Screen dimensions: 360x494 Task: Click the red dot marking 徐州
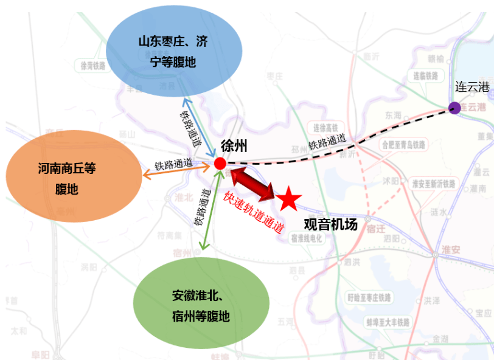pos(220,163)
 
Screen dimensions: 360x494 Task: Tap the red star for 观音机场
pos(289,198)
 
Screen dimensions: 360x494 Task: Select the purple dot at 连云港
pos(454,108)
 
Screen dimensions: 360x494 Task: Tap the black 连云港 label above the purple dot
pos(472,87)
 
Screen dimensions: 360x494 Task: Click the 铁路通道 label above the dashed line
pos(327,140)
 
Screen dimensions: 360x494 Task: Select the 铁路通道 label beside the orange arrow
pos(174,164)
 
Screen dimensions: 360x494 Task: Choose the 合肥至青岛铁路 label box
pos(405,145)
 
